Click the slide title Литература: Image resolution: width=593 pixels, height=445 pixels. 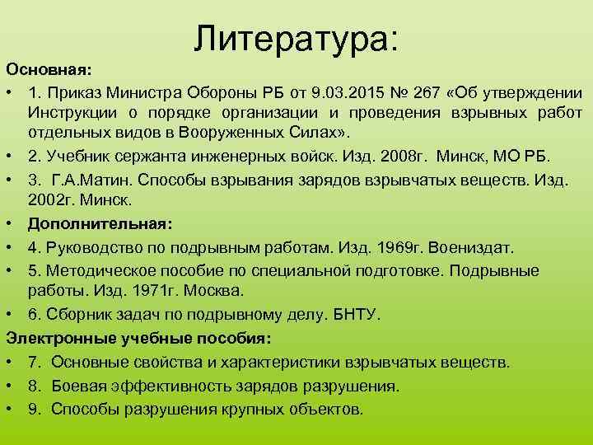296,38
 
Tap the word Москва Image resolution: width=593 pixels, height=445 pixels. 215,291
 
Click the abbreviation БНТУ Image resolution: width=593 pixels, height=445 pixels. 353,315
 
